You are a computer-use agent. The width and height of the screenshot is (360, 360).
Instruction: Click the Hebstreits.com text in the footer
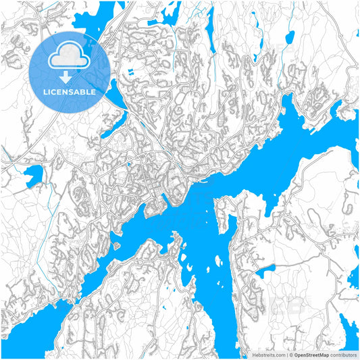click(x=268, y=354)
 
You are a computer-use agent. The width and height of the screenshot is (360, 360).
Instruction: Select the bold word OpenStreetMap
click(x=312, y=354)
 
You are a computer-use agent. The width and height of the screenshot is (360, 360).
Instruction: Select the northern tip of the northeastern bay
click(x=288, y=101)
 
